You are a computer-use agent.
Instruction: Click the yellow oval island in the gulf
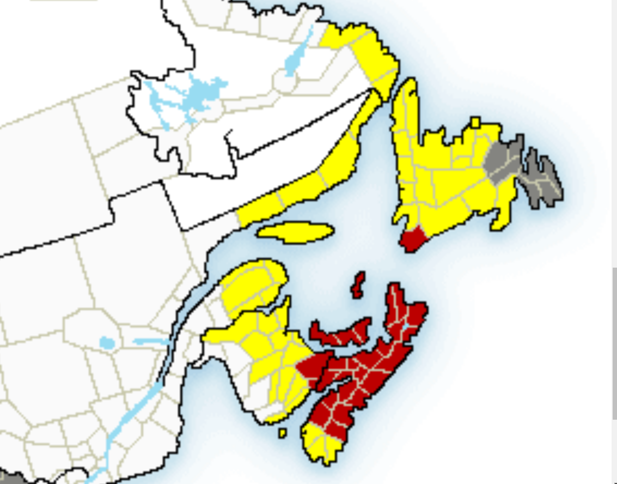(295, 232)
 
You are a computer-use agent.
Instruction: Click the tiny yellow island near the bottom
(282, 433)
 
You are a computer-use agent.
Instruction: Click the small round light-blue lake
(107, 343)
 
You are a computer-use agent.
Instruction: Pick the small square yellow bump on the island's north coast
(475, 123)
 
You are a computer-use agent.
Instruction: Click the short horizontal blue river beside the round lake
(150, 342)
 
